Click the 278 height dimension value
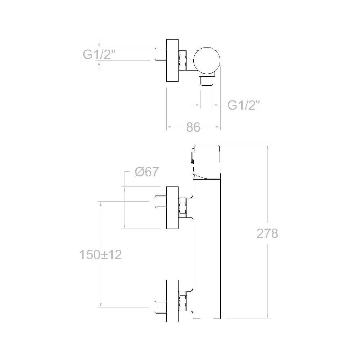pos(267,234)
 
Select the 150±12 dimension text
pos(100,255)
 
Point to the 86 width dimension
pos(193,127)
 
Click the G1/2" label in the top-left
pos(99,55)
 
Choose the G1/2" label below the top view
pos(244,105)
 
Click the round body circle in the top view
pos(207,60)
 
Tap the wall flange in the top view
pos(172,60)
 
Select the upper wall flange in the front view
pos(172,208)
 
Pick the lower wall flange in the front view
pos(172,301)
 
